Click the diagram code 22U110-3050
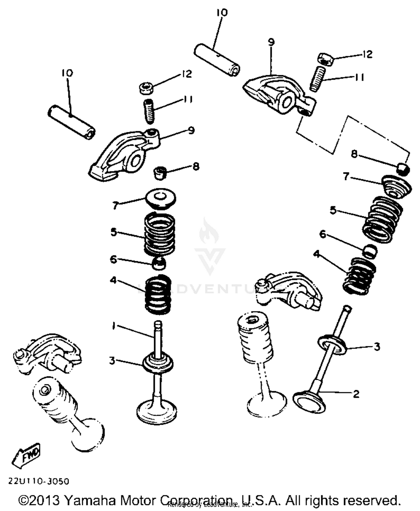38,481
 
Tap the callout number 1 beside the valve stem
113,326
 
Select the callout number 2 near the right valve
356,394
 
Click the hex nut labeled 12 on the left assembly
146,88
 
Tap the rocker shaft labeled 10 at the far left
71,122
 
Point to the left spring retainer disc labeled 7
160,198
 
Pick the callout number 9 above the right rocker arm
271,42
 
